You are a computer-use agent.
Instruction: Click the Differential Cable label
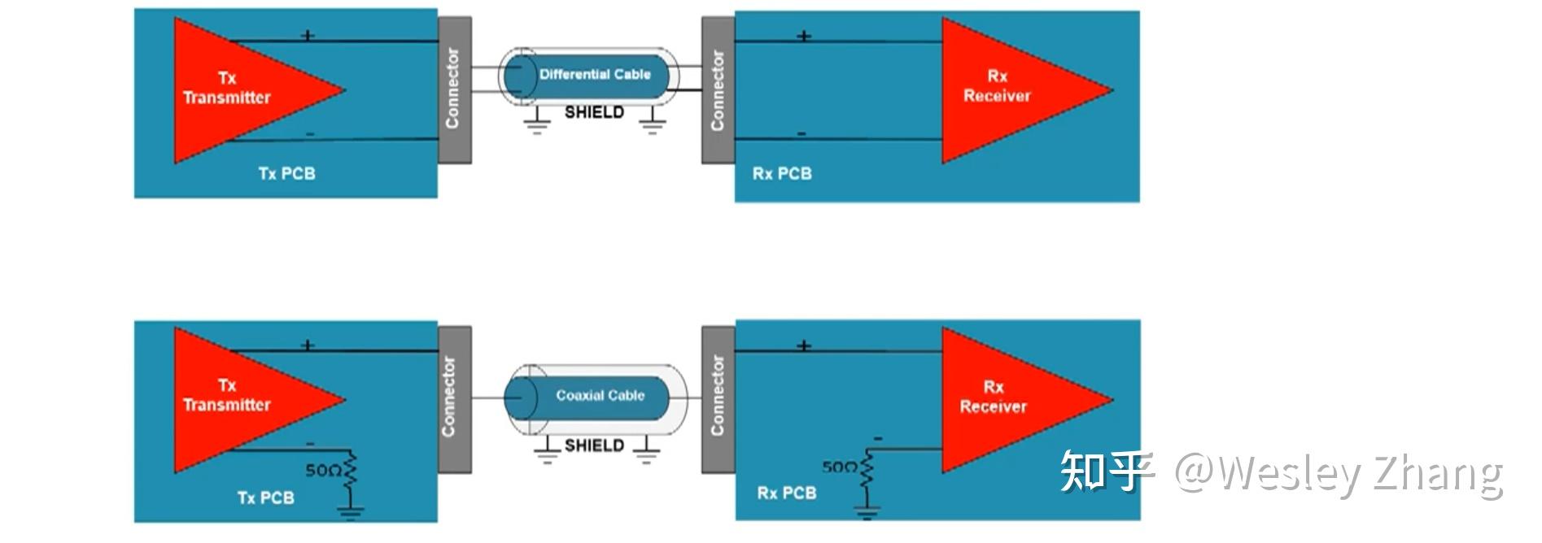[595, 74]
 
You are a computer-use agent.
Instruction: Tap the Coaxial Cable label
[601, 395]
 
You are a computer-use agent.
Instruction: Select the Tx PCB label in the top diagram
[286, 173]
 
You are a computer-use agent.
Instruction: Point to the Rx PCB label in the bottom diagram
[786, 493]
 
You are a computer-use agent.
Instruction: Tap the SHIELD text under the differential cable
[594, 112]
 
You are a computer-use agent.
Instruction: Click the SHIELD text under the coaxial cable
[594, 445]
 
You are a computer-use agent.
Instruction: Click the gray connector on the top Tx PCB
[454, 89]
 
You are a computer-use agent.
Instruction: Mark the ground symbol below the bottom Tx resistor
[351, 511]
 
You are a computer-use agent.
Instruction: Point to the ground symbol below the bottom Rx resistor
[867, 510]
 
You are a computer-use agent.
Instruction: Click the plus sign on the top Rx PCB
[803, 37]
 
